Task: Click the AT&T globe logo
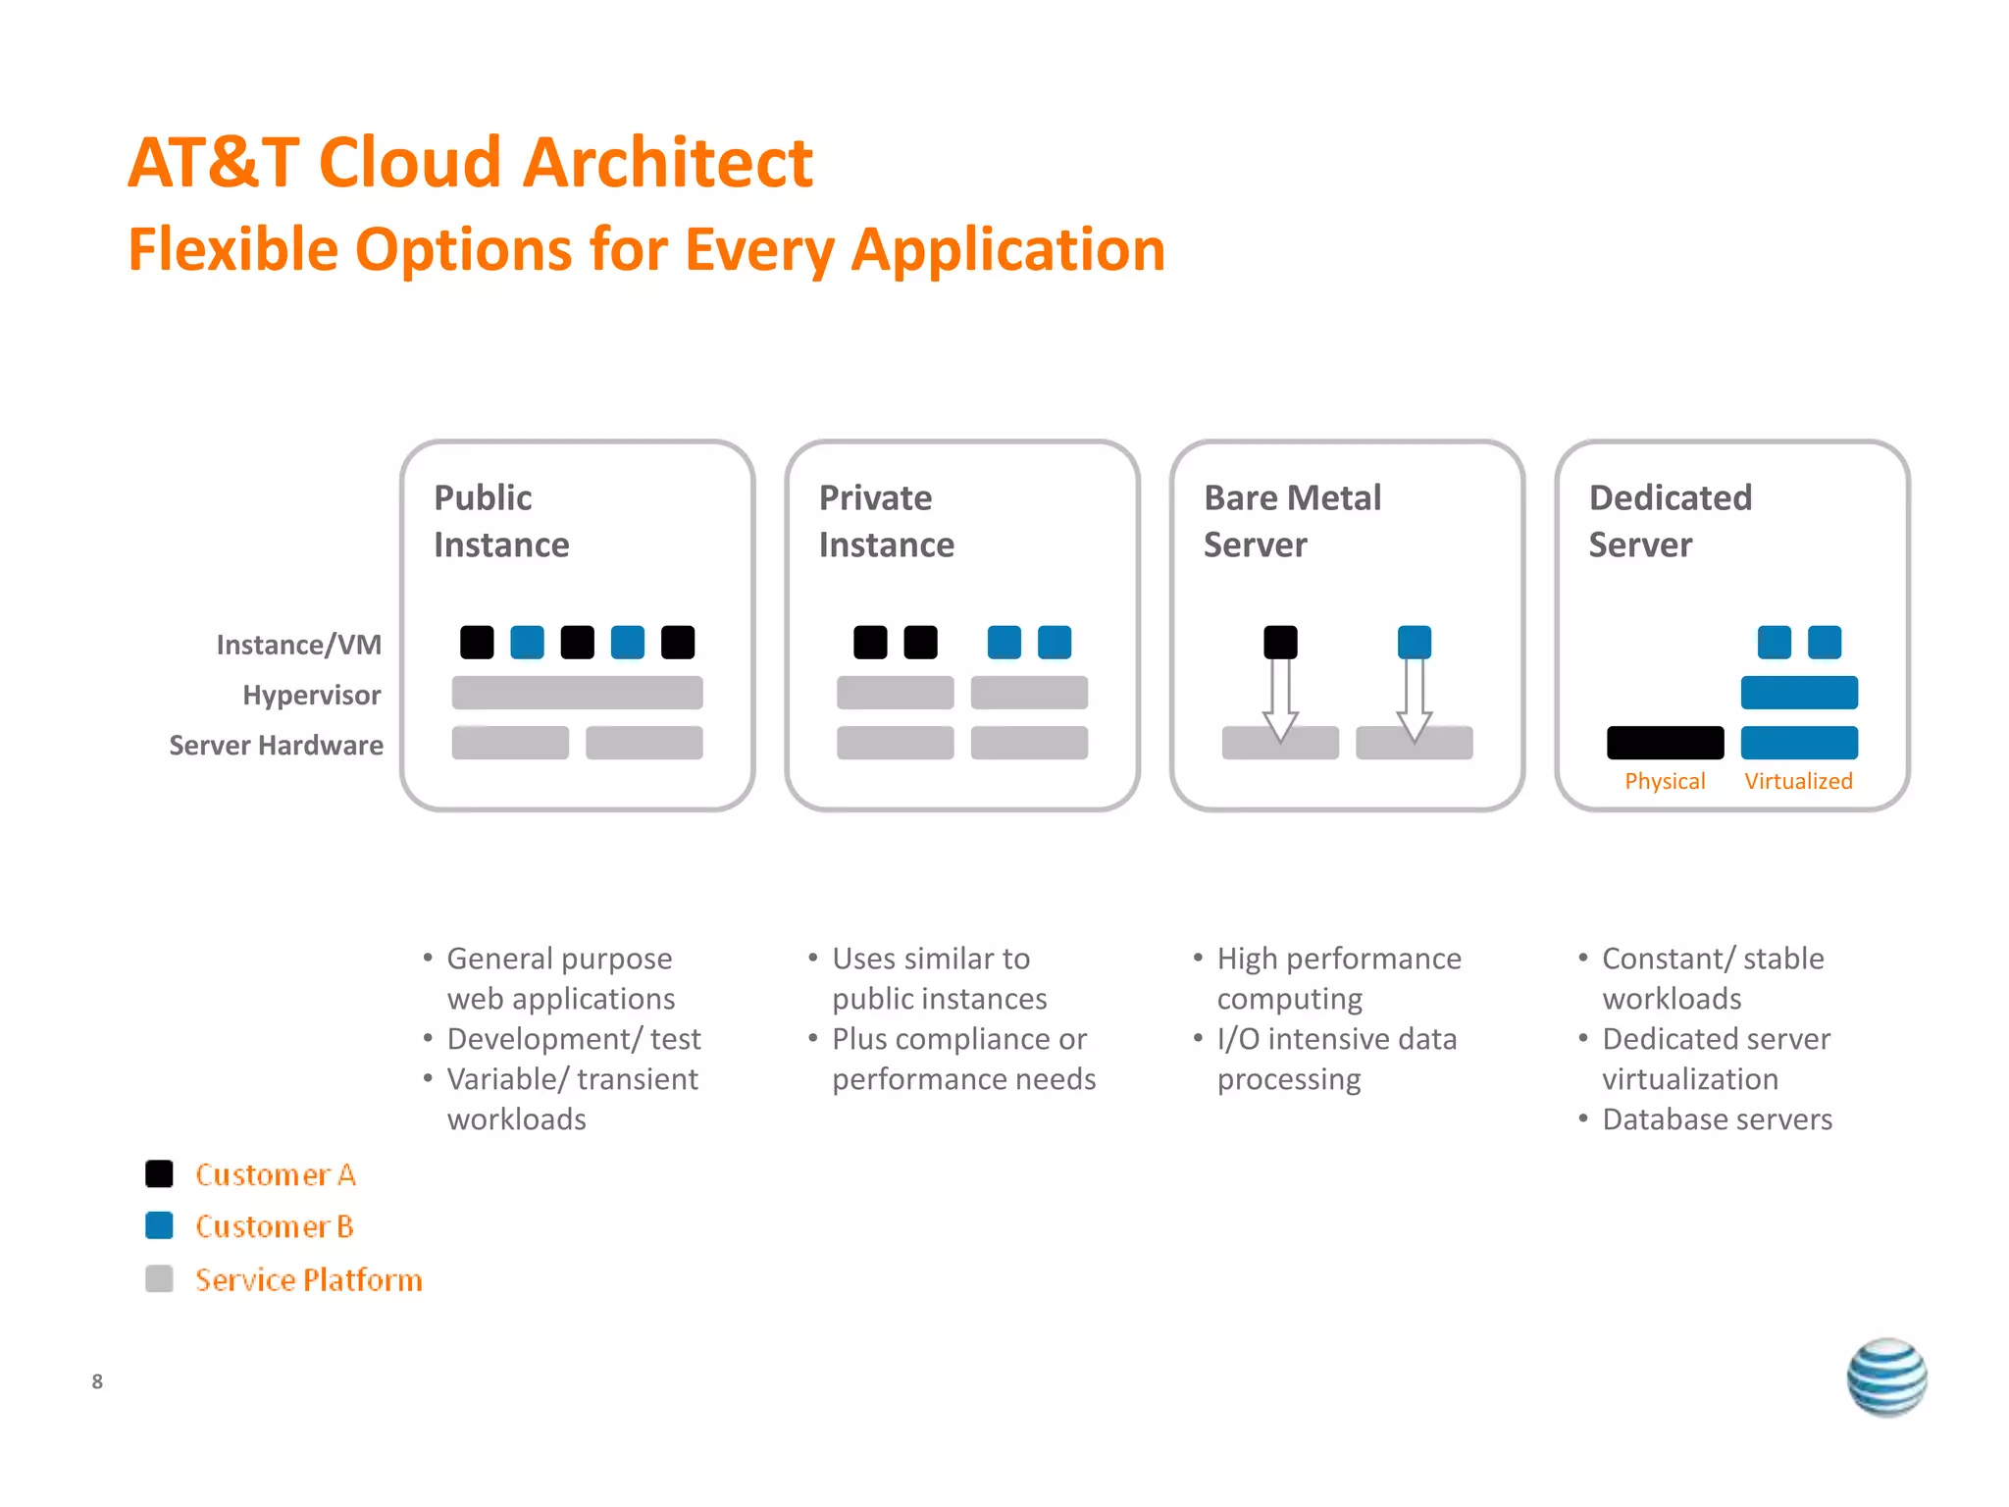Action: click(x=1885, y=1377)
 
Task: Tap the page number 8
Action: click(x=97, y=1381)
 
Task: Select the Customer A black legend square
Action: click(x=159, y=1173)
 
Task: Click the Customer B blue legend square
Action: click(x=159, y=1225)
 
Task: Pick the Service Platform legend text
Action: click(x=308, y=1279)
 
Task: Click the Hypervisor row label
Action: click(x=311, y=695)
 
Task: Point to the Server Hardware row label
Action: click(x=276, y=745)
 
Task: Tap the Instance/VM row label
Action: click(x=298, y=645)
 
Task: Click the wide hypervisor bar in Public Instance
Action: click(x=577, y=693)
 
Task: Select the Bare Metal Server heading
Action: click(x=1292, y=521)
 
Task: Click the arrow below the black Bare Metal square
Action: click(x=1280, y=701)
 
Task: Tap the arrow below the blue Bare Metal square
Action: click(x=1414, y=701)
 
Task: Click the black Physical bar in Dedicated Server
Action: click(x=1665, y=743)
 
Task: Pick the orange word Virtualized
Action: click(x=1798, y=781)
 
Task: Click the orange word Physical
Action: click(x=1665, y=781)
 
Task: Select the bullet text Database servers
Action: click(x=1717, y=1118)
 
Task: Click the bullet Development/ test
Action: click(x=574, y=1038)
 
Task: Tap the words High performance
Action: click(x=1339, y=958)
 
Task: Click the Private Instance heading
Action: click(x=886, y=521)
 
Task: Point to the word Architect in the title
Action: click(x=667, y=162)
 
